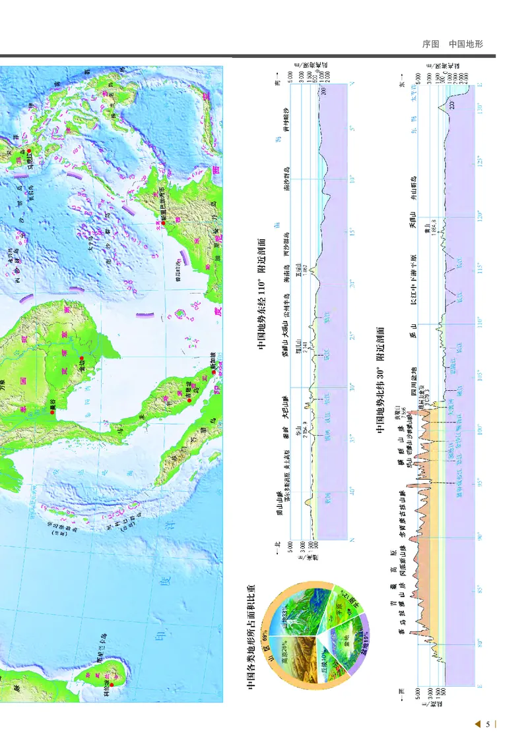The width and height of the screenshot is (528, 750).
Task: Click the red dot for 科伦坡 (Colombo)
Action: point(112,685)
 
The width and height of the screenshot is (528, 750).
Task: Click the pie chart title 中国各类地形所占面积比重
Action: point(251,638)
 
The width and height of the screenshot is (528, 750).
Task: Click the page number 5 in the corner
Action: point(488,725)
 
